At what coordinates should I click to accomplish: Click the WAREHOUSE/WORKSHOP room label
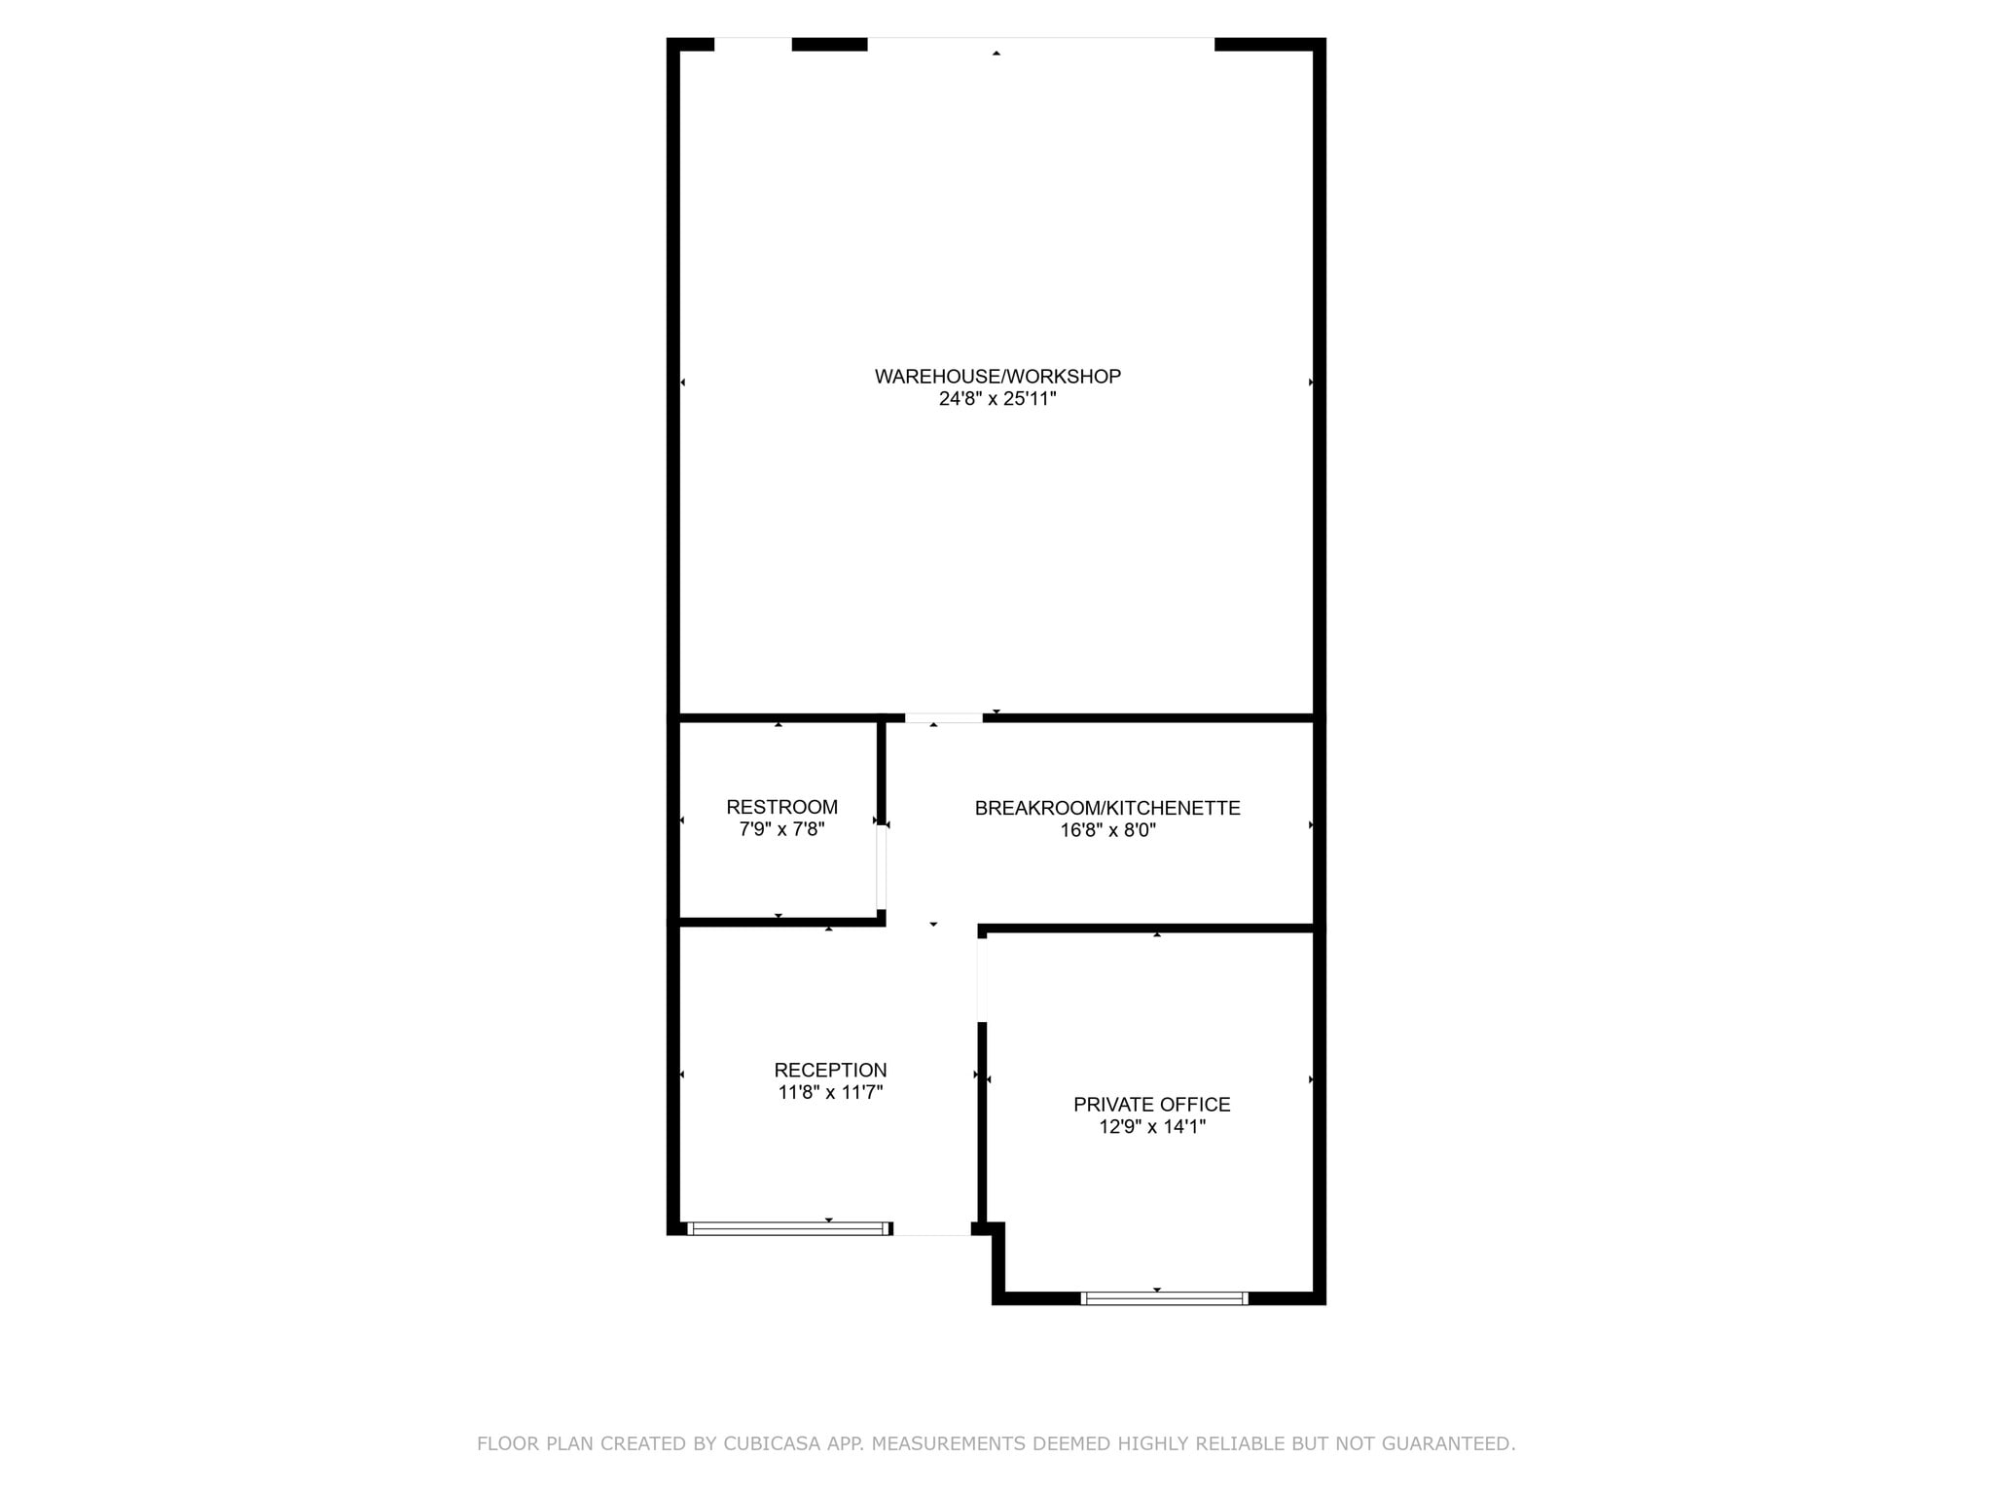tap(997, 376)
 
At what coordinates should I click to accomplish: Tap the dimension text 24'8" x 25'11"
tap(997, 399)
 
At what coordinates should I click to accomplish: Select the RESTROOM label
tap(781, 807)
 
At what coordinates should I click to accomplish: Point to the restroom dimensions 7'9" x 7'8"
tap(781, 830)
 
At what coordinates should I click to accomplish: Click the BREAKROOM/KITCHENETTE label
tap(1107, 808)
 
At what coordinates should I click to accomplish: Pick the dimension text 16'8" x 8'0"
tap(1107, 830)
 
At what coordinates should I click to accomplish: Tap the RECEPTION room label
tap(830, 1071)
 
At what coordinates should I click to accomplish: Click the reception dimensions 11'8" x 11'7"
tap(830, 1093)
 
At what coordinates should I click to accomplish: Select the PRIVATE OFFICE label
tap(1152, 1105)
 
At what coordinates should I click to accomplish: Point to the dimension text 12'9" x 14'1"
tap(1152, 1127)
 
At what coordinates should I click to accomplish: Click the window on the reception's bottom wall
tap(788, 1228)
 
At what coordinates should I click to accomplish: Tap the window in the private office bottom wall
tap(1164, 1297)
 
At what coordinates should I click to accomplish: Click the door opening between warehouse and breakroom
tap(943, 718)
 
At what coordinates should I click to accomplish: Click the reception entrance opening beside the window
tap(932, 1229)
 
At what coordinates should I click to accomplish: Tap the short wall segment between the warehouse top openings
tap(829, 45)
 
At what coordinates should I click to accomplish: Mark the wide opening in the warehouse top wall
tap(1041, 45)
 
